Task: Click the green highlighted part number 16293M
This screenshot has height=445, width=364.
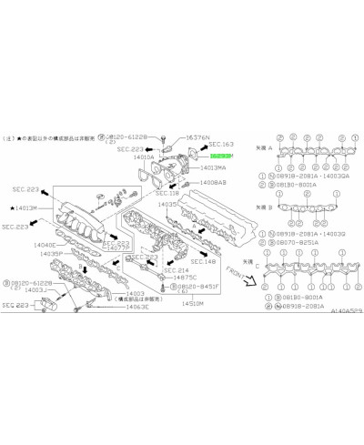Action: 221,157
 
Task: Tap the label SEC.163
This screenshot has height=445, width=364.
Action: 221,146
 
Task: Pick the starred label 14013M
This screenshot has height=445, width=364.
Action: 25,208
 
